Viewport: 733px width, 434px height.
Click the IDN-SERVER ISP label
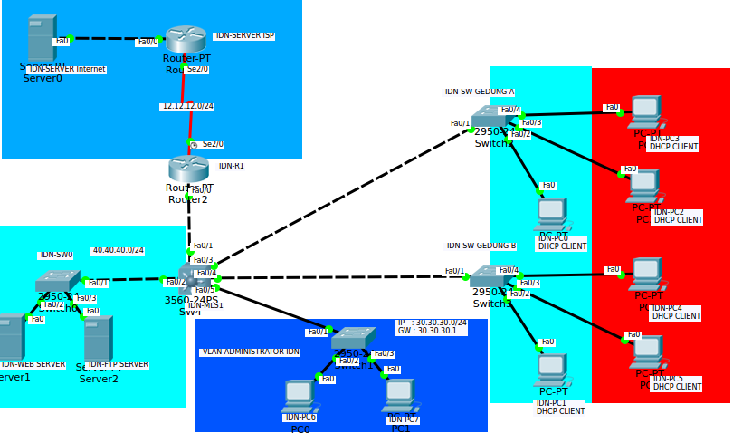tap(244, 35)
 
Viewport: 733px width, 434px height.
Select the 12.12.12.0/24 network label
tap(188, 106)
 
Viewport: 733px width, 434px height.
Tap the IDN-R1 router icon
tap(188, 169)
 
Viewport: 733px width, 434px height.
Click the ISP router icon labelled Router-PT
tap(186, 39)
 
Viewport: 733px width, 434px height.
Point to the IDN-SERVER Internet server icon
tap(41, 38)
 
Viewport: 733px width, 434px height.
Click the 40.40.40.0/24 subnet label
tap(118, 250)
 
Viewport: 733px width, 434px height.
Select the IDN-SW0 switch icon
tap(57, 282)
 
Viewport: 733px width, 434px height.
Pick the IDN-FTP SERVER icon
tap(98, 338)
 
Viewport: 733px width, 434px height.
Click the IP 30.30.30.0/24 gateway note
tap(432, 327)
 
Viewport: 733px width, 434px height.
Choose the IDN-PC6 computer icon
tap(299, 396)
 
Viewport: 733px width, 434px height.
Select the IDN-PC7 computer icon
tap(399, 395)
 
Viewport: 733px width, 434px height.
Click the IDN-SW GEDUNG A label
tap(480, 92)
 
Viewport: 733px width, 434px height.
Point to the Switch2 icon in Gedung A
tap(492, 118)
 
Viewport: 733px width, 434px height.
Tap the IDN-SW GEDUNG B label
tap(481, 246)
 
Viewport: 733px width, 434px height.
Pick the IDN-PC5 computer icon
tap(647, 352)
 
